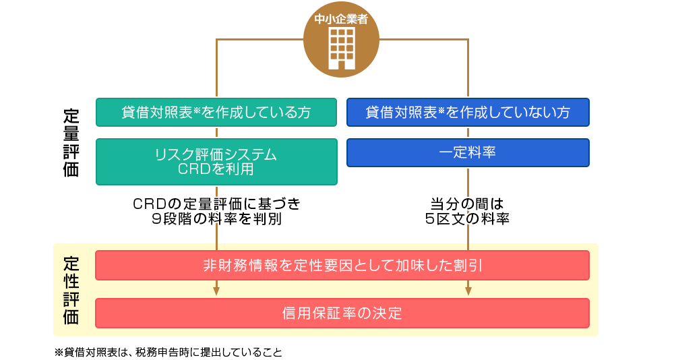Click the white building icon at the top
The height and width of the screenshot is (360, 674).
[341, 49]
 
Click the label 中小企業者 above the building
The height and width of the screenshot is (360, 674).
[341, 20]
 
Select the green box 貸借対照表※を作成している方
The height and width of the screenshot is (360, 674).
[216, 113]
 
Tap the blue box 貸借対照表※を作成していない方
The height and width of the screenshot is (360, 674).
[468, 113]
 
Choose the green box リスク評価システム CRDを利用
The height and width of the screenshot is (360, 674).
[216, 162]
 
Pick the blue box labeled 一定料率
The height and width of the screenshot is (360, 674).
[468, 153]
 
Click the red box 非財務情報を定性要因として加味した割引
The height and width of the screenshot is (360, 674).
[342, 265]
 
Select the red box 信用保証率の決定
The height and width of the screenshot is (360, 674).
[342, 313]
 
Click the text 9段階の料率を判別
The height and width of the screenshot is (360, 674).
[216, 218]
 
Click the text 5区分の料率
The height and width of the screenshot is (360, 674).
[468, 218]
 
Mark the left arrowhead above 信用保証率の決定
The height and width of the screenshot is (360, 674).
[216, 291]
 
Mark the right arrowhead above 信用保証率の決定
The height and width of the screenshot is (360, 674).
[468, 291]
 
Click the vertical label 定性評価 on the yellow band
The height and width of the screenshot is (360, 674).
[71, 289]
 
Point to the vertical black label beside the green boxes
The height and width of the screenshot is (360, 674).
[71, 142]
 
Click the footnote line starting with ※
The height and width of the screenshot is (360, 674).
[168, 352]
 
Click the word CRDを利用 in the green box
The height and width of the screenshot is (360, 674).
[216, 169]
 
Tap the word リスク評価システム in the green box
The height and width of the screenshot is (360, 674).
[216, 154]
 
